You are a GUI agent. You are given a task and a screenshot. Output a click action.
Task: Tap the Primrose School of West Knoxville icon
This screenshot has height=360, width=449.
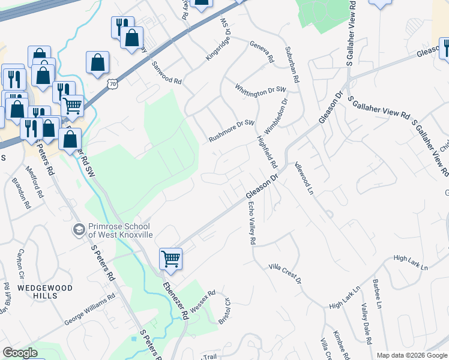pyautogui.click(x=78, y=230)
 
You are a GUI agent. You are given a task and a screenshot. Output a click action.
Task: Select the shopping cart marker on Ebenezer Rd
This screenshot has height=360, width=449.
pyautogui.click(x=170, y=259)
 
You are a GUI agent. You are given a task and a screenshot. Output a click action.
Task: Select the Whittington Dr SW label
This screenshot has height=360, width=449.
pyautogui.click(x=261, y=89)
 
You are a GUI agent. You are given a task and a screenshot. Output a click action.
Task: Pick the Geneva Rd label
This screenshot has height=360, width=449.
pyautogui.click(x=262, y=52)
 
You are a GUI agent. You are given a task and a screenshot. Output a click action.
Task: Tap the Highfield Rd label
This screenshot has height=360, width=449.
pyautogui.click(x=267, y=152)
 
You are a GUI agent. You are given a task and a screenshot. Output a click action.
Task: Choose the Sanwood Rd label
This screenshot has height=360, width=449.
pyautogui.click(x=166, y=72)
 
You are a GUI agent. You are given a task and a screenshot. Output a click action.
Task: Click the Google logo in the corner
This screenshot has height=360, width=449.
pyautogui.click(x=20, y=353)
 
